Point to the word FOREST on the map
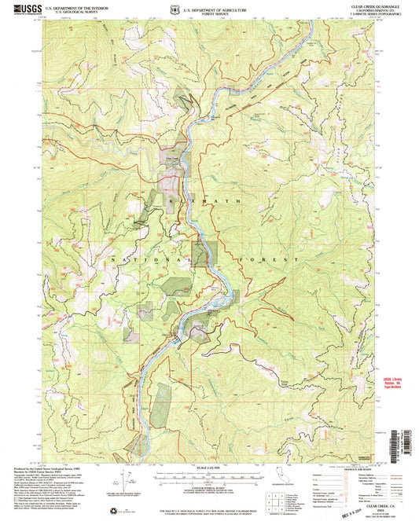[271, 258]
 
